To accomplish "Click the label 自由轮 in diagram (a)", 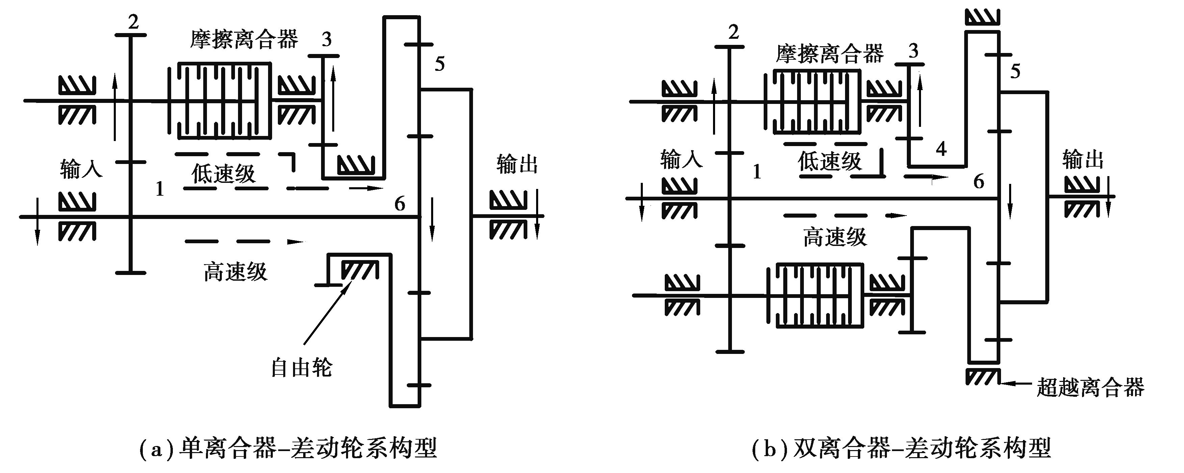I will click(x=301, y=367).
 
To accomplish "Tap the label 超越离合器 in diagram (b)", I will click(x=1090, y=387).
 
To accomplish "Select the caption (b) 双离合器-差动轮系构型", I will click(x=901, y=449).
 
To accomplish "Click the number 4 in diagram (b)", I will click(x=941, y=149).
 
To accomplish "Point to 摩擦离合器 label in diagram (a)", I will click(x=244, y=39).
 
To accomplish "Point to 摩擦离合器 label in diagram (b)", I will click(x=830, y=54).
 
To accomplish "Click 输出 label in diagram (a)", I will click(x=517, y=164).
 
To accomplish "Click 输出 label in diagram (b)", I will click(x=1083, y=160).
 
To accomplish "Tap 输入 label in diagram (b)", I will click(x=681, y=160).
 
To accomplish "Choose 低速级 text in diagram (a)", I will click(x=223, y=174).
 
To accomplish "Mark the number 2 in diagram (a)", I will click(x=133, y=22).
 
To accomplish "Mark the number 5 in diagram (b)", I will click(x=1015, y=71).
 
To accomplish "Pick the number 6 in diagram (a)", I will click(x=400, y=204).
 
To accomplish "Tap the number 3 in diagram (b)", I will click(x=914, y=51).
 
